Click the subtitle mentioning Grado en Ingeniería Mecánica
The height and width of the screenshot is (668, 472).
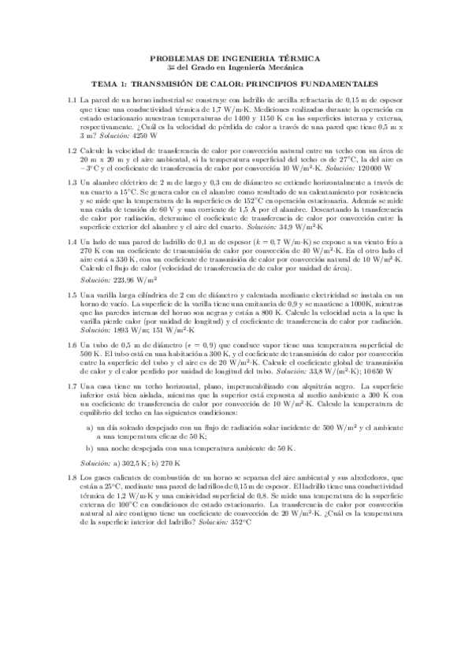click(236, 69)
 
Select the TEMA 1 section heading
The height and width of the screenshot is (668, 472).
click(236, 83)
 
